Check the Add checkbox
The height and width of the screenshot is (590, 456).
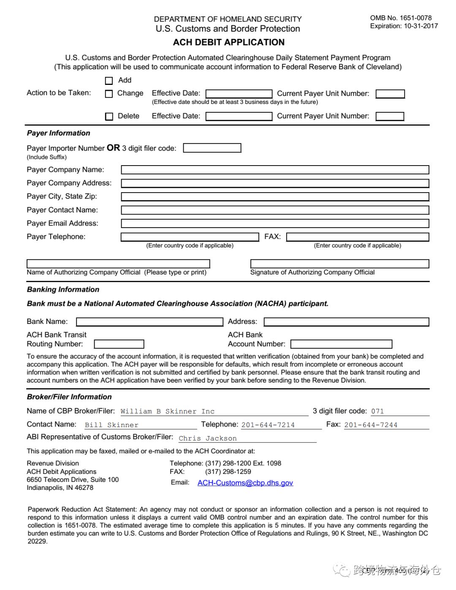[109, 81]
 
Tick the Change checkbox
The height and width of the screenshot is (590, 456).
[109, 94]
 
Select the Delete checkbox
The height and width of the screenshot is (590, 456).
[109, 117]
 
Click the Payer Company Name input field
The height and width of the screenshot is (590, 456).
[275, 170]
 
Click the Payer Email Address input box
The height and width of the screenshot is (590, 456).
[275, 223]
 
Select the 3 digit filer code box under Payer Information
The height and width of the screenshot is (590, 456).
[212, 148]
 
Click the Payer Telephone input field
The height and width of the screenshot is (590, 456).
[190, 237]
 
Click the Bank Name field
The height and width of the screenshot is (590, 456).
[149, 322]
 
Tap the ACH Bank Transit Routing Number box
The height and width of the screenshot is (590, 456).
[119, 344]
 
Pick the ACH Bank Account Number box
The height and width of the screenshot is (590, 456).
[341, 344]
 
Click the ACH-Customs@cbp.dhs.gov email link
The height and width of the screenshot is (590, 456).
[245, 483]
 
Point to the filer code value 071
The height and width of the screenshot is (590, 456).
[377, 411]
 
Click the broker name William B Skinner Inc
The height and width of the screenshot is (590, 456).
[168, 411]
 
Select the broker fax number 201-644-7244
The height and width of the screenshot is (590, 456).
[371, 425]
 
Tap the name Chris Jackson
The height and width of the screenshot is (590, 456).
[208, 438]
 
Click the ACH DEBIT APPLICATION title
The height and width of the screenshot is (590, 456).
[228, 42]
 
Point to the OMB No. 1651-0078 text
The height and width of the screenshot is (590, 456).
[401, 18]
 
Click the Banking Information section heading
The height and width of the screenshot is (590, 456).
[63, 290]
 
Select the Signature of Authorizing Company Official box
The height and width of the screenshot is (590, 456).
[339, 264]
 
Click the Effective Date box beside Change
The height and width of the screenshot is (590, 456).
[239, 94]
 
